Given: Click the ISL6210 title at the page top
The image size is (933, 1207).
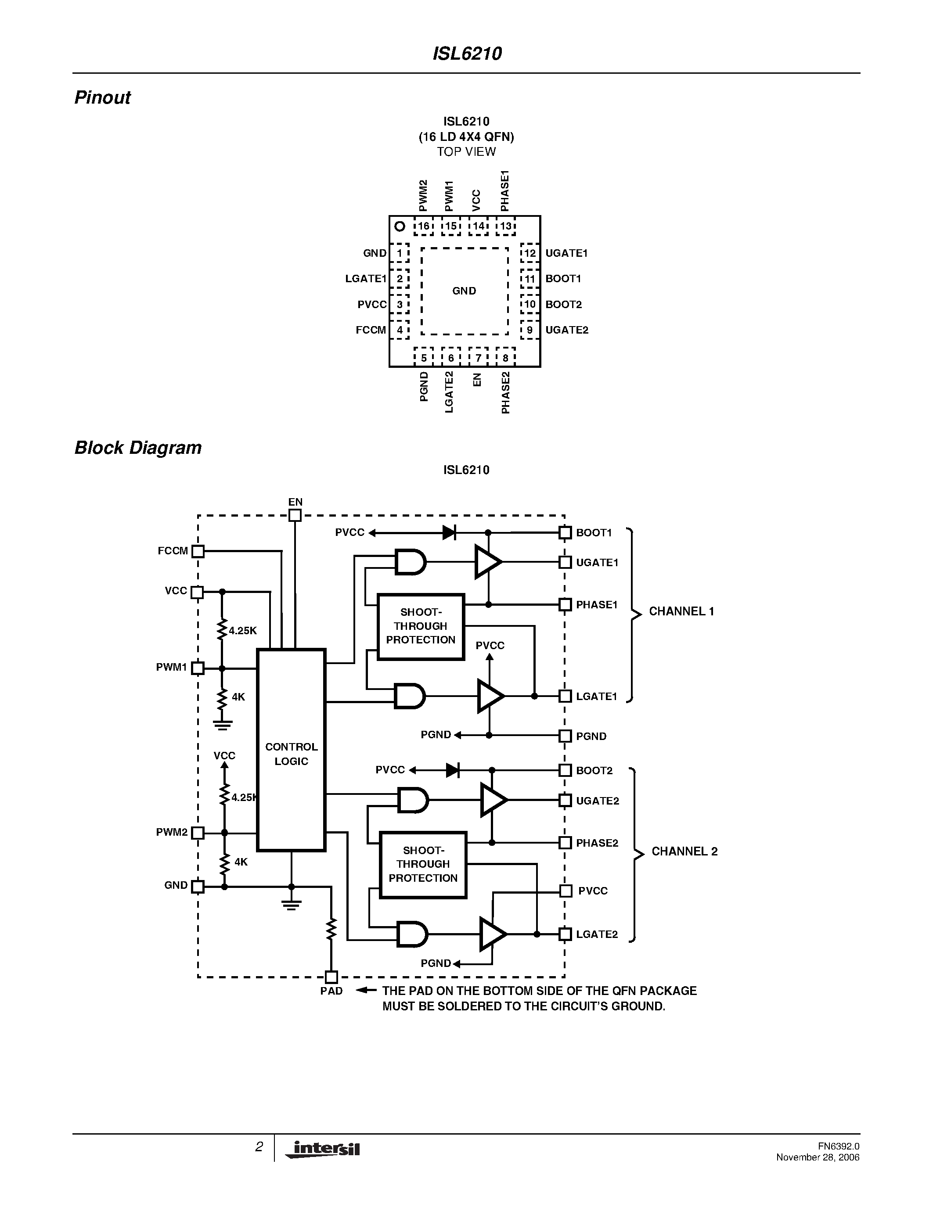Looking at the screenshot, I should coord(466,54).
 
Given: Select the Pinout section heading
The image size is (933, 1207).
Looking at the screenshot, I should coord(102,98).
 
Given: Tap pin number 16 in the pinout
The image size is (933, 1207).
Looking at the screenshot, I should coord(423,226).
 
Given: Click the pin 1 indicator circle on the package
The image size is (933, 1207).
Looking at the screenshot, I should coord(400,226).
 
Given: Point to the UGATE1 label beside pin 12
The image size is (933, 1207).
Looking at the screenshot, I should coord(566,253).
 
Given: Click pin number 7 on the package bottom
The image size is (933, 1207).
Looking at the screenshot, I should coord(478,358).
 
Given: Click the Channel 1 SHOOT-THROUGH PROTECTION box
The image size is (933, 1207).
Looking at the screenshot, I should coord(420,626).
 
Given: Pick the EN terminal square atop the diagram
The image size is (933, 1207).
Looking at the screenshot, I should coord(295,515).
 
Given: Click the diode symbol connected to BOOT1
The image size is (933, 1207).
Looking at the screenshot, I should coord(449,533).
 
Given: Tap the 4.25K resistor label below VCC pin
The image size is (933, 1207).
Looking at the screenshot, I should coord(243,631).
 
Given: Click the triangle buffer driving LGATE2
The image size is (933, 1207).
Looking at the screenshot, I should coord(492,934).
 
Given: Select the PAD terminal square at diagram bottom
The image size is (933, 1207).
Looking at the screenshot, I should coord(331,977).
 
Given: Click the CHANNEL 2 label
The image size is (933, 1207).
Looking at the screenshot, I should coord(684,851).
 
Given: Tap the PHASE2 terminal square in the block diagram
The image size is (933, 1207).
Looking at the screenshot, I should coord(565,842).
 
